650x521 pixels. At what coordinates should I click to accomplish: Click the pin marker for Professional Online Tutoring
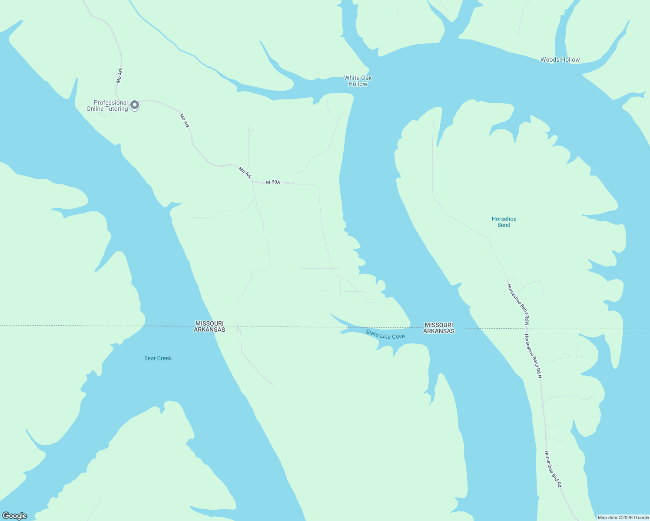click(135, 105)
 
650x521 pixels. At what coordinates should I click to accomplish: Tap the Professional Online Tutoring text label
click(107, 106)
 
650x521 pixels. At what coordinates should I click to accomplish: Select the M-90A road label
click(273, 182)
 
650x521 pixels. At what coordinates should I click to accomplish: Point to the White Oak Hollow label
click(358, 81)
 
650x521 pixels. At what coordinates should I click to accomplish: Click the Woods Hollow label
click(560, 59)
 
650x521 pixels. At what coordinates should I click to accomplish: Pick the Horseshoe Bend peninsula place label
click(504, 222)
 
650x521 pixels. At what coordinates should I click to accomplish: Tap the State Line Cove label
click(385, 335)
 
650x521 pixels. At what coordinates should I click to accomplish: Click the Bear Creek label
click(158, 358)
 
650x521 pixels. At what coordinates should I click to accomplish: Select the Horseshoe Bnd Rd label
click(553, 469)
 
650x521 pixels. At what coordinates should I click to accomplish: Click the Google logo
click(15, 516)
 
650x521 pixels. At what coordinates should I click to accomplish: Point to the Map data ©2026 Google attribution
click(623, 518)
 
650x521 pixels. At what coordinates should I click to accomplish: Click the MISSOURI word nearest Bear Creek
click(209, 323)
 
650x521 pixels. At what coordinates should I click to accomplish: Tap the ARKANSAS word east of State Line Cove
click(439, 331)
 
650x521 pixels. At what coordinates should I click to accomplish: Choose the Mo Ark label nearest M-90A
click(245, 172)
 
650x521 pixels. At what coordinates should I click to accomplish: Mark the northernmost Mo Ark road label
click(119, 76)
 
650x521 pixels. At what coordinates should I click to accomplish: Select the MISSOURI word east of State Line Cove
click(439, 325)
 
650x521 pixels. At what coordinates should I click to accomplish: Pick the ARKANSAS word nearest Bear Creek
click(209, 330)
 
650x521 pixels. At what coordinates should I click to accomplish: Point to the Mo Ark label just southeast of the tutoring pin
click(185, 121)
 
